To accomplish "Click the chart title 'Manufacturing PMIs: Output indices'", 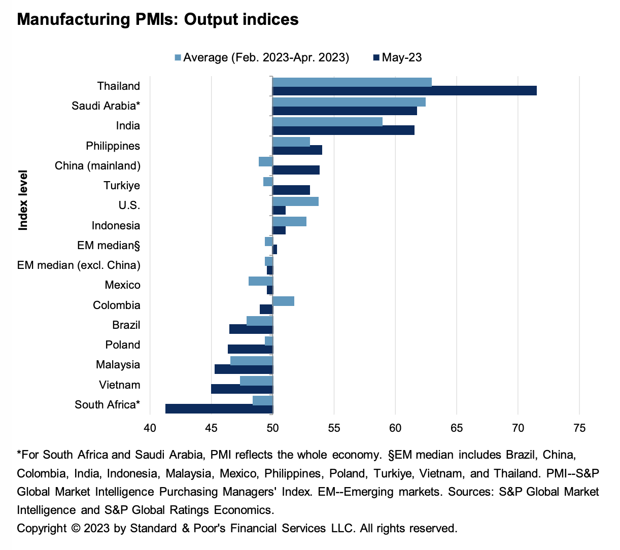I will coord(158,19).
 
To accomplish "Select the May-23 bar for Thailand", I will coord(404,91).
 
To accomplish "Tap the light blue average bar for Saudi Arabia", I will coord(349,102).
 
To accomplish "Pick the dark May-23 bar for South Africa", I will coord(219,409).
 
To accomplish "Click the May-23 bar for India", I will coord(343,130).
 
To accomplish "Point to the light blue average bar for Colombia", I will coord(283,301).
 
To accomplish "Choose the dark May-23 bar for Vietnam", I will coord(242,389).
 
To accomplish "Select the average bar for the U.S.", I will coord(295,201).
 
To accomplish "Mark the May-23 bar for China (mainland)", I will coord(296,170).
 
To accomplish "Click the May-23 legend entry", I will coord(401,57).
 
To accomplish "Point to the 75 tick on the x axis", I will coord(579,428).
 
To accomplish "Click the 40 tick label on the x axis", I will coord(150,428).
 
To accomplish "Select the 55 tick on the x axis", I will coord(334,428).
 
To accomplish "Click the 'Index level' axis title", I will coord(23,200).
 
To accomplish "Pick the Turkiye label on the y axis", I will coord(122,186).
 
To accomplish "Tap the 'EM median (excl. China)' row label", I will coord(79,265).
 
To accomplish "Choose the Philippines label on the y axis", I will coord(113,146).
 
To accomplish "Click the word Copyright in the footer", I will coord(42,528).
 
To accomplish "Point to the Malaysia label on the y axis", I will coord(118,365).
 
